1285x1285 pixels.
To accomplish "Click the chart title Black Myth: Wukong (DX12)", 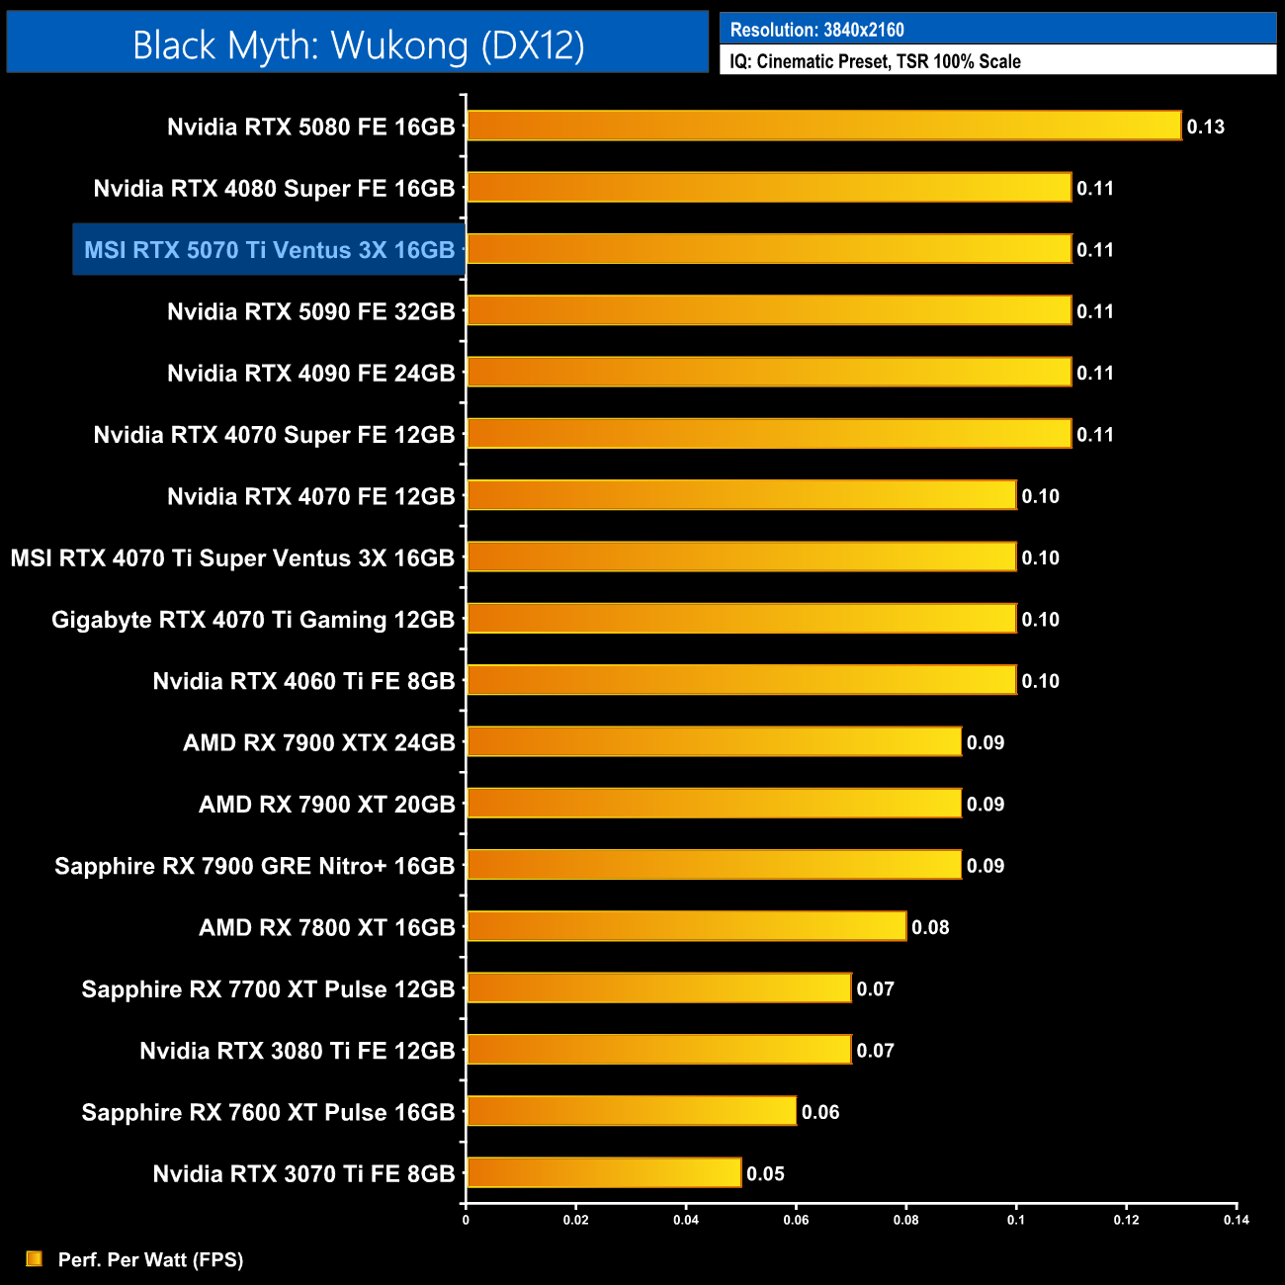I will [x=358, y=44].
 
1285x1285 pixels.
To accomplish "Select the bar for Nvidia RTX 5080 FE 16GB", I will [x=823, y=126].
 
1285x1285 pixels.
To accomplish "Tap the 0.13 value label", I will [x=1206, y=127].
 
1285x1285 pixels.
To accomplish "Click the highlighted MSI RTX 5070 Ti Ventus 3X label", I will [x=269, y=250].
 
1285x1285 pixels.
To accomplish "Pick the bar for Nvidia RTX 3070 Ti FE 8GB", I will [x=604, y=1172].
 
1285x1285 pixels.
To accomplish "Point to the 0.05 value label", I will [x=765, y=1173].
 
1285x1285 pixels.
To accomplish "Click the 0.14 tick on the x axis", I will [x=1237, y=1220].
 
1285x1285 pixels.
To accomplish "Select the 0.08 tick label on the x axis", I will [x=905, y=1220].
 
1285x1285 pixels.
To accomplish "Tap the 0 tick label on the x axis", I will [x=466, y=1220].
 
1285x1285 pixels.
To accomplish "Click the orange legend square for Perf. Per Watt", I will [x=35, y=1258].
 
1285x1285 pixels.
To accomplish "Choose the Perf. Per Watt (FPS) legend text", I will [x=150, y=1259].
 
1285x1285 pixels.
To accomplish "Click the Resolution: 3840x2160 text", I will [x=816, y=30].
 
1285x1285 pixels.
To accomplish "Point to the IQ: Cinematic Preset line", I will [x=875, y=61].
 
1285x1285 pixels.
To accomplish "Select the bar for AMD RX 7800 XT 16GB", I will [x=686, y=926].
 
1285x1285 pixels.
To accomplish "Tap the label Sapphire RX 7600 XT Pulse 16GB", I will [x=268, y=1112].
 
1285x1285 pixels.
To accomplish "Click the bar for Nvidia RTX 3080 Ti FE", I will [x=658, y=1049].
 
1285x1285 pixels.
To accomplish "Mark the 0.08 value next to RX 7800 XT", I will [x=930, y=927].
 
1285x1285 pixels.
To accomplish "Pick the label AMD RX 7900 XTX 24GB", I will [x=318, y=742].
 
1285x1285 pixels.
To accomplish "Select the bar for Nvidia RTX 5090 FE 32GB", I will [x=769, y=310].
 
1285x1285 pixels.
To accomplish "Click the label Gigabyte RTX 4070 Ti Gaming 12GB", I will [x=253, y=620].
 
